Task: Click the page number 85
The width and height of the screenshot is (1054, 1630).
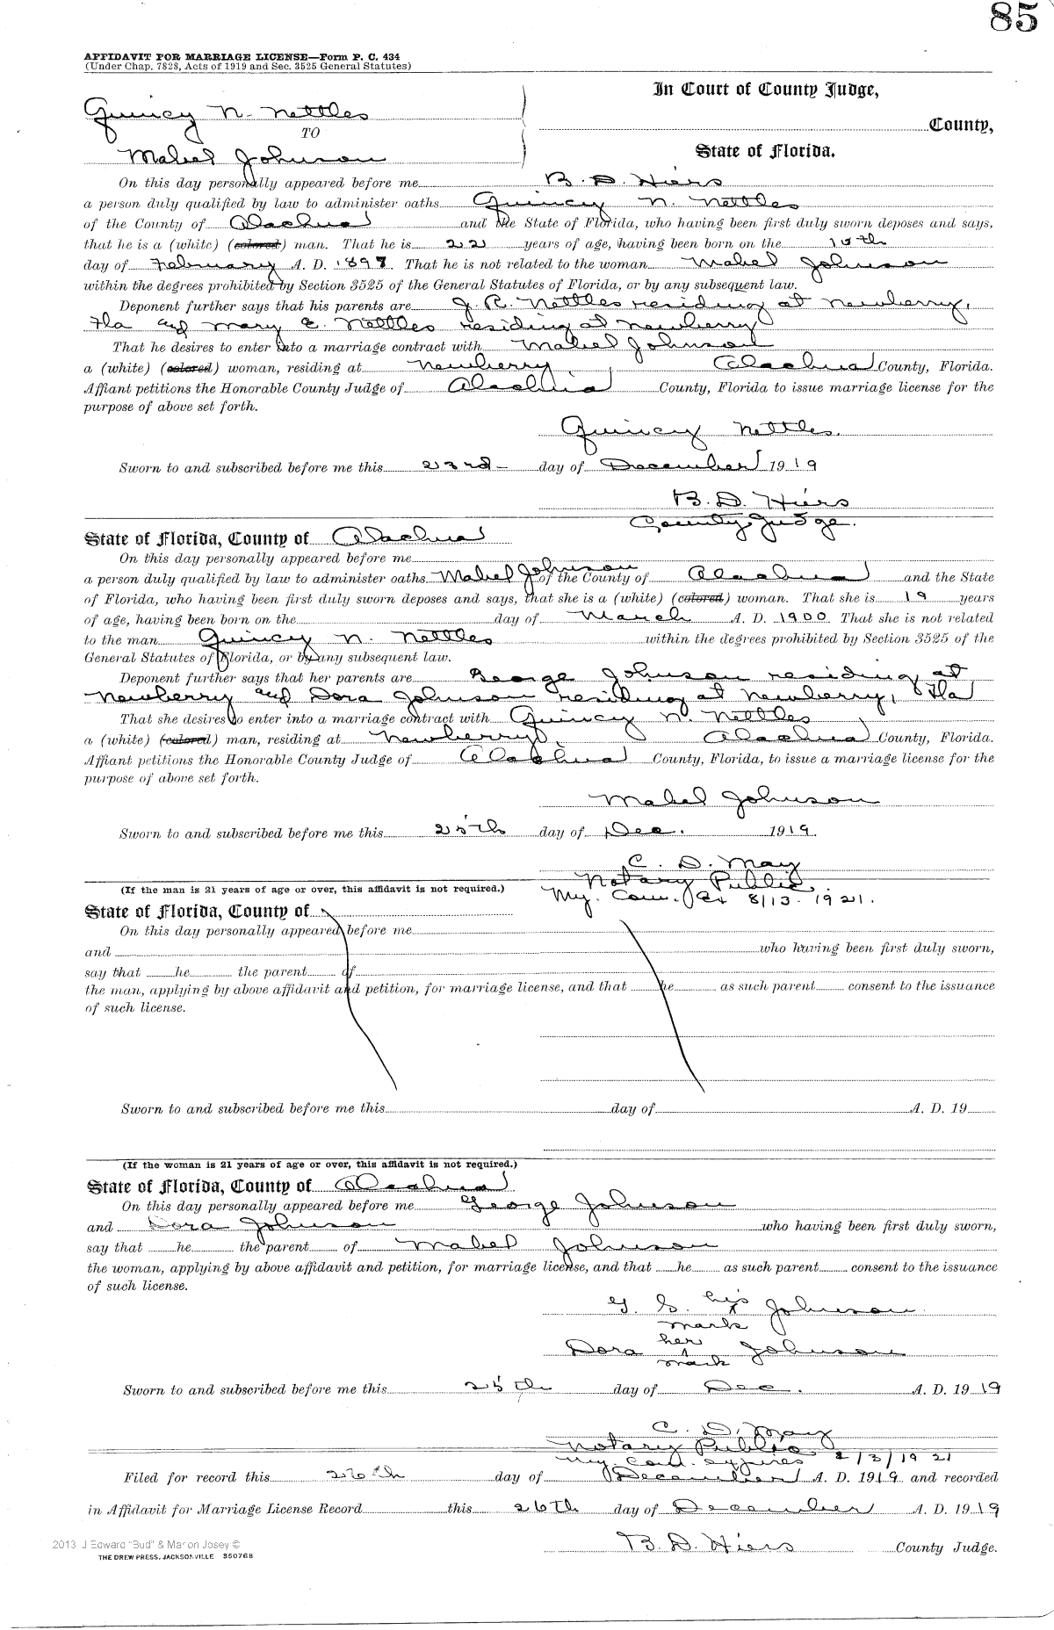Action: [x=1013, y=18]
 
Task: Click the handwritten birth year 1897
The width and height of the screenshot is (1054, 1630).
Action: [x=370, y=263]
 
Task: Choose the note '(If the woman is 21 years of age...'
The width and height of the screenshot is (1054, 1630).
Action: [x=319, y=1165]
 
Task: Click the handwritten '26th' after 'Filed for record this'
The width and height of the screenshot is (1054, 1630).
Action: [x=363, y=1475]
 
